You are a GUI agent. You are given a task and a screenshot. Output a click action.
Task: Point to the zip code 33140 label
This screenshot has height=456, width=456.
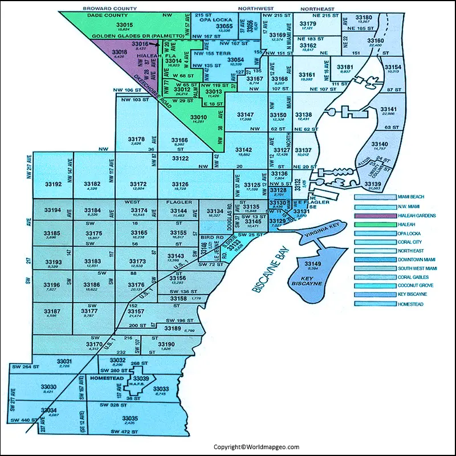[379, 144]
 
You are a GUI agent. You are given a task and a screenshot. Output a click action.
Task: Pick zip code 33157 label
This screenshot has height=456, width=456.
[137, 312]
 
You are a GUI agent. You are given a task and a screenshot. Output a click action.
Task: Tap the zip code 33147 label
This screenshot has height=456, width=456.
[244, 115]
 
